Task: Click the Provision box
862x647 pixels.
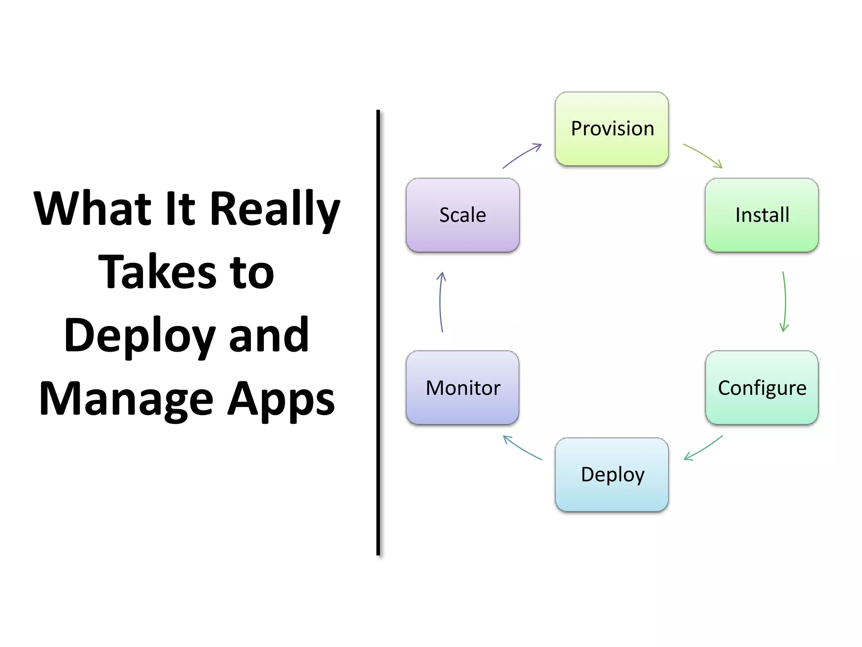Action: point(612,128)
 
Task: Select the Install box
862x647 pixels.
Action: point(761,215)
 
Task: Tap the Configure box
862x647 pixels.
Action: point(761,388)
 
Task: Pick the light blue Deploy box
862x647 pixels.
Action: point(612,474)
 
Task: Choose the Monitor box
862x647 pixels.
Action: point(463,388)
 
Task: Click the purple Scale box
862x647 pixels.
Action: point(463,215)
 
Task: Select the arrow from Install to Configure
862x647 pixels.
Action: point(785,302)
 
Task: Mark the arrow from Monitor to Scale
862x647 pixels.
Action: point(440,302)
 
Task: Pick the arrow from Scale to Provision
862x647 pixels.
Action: point(522,155)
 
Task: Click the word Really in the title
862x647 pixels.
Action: point(274,209)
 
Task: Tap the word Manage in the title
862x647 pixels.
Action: point(126,399)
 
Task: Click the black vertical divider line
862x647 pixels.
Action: point(378,333)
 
